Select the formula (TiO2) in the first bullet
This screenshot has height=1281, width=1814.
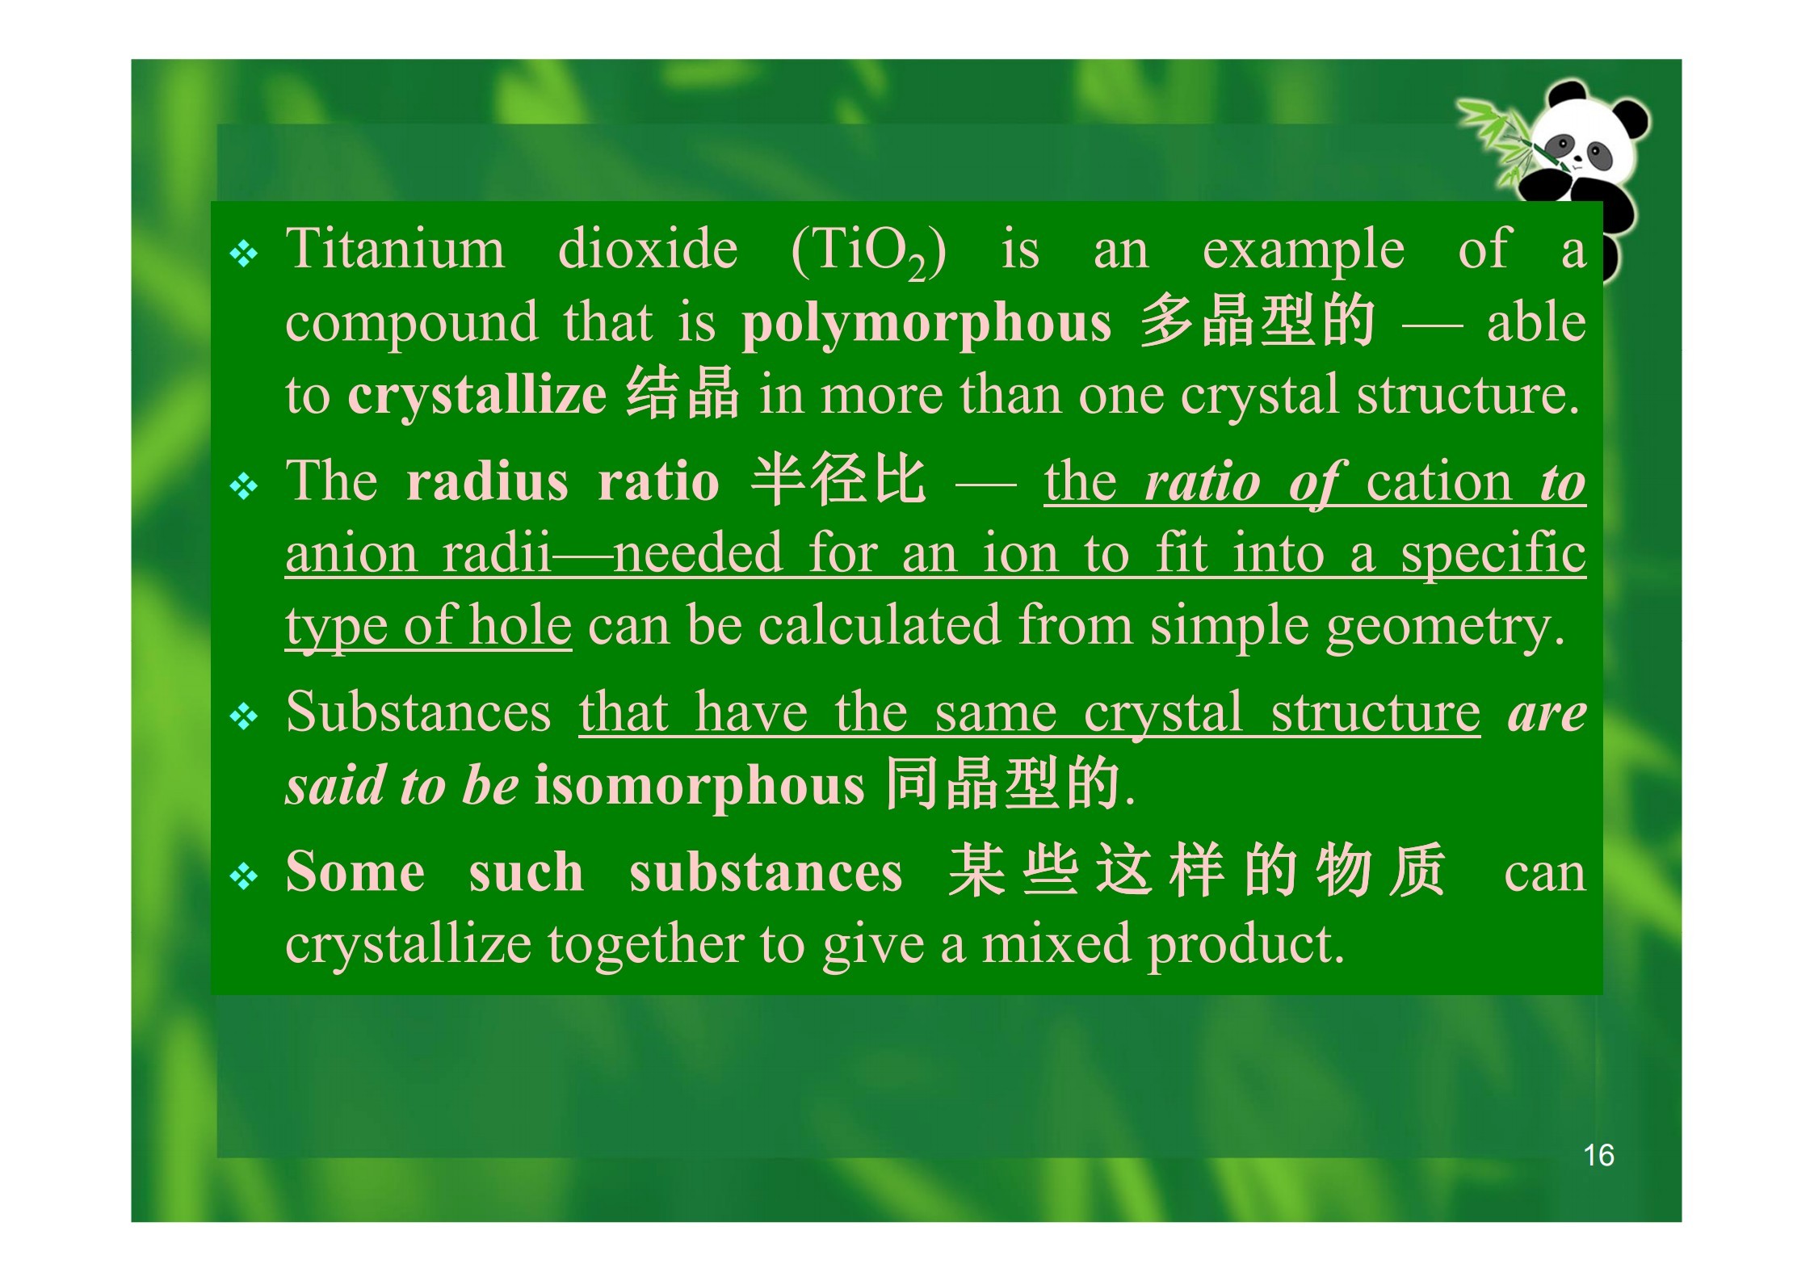pos(868,252)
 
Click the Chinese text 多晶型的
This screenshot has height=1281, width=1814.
pos(1257,321)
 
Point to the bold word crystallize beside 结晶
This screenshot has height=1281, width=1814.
pos(477,395)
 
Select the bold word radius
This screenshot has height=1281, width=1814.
pos(487,481)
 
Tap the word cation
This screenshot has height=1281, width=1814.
pos(1438,482)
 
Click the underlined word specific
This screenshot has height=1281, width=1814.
pos(1493,555)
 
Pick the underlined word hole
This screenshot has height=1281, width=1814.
pos(520,625)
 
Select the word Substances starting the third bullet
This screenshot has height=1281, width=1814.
pos(418,712)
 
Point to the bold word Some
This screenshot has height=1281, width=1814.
pos(355,871)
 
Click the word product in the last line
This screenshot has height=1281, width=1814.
pos(1245,946)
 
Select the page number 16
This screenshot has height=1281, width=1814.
pos(1598,1155)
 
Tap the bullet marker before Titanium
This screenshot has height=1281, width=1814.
pos(244,255)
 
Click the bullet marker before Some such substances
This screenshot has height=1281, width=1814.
pos(244,876)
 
